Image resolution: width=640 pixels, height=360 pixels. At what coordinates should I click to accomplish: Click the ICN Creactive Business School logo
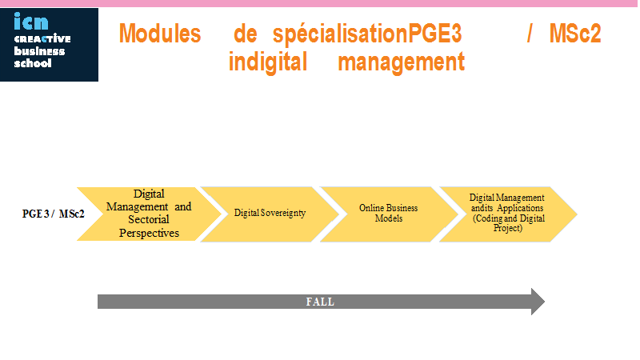49,45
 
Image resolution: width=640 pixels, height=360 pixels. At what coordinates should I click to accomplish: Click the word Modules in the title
160,34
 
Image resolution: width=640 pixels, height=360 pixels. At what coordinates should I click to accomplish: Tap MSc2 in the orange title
575,34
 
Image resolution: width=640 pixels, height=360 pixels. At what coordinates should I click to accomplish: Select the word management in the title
402,62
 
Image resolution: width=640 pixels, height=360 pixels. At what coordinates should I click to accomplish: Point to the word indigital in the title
268,62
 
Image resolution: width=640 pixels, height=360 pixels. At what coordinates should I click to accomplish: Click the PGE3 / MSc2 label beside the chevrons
53,214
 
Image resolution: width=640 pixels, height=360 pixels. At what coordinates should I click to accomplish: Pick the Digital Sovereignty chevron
270,214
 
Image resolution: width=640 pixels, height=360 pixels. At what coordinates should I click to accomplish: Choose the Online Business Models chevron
389,214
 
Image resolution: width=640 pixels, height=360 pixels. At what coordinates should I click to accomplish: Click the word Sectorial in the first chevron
149,219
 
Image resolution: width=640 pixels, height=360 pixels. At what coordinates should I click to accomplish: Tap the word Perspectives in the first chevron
149,233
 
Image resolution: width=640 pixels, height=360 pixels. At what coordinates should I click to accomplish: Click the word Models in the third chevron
389,218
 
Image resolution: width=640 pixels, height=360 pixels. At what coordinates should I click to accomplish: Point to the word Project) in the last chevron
508,228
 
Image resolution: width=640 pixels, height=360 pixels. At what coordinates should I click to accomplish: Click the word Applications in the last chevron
520,208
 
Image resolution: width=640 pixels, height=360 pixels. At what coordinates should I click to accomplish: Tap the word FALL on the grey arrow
321,302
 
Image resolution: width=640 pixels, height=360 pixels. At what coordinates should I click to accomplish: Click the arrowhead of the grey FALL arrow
538,302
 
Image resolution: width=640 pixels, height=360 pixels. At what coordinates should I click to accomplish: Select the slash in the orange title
530,34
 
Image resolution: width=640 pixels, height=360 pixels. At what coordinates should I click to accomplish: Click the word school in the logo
33,63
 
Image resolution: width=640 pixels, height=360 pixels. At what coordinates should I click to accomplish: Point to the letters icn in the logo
31,22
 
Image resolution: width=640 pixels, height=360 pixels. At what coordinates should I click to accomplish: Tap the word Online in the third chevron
371,208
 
